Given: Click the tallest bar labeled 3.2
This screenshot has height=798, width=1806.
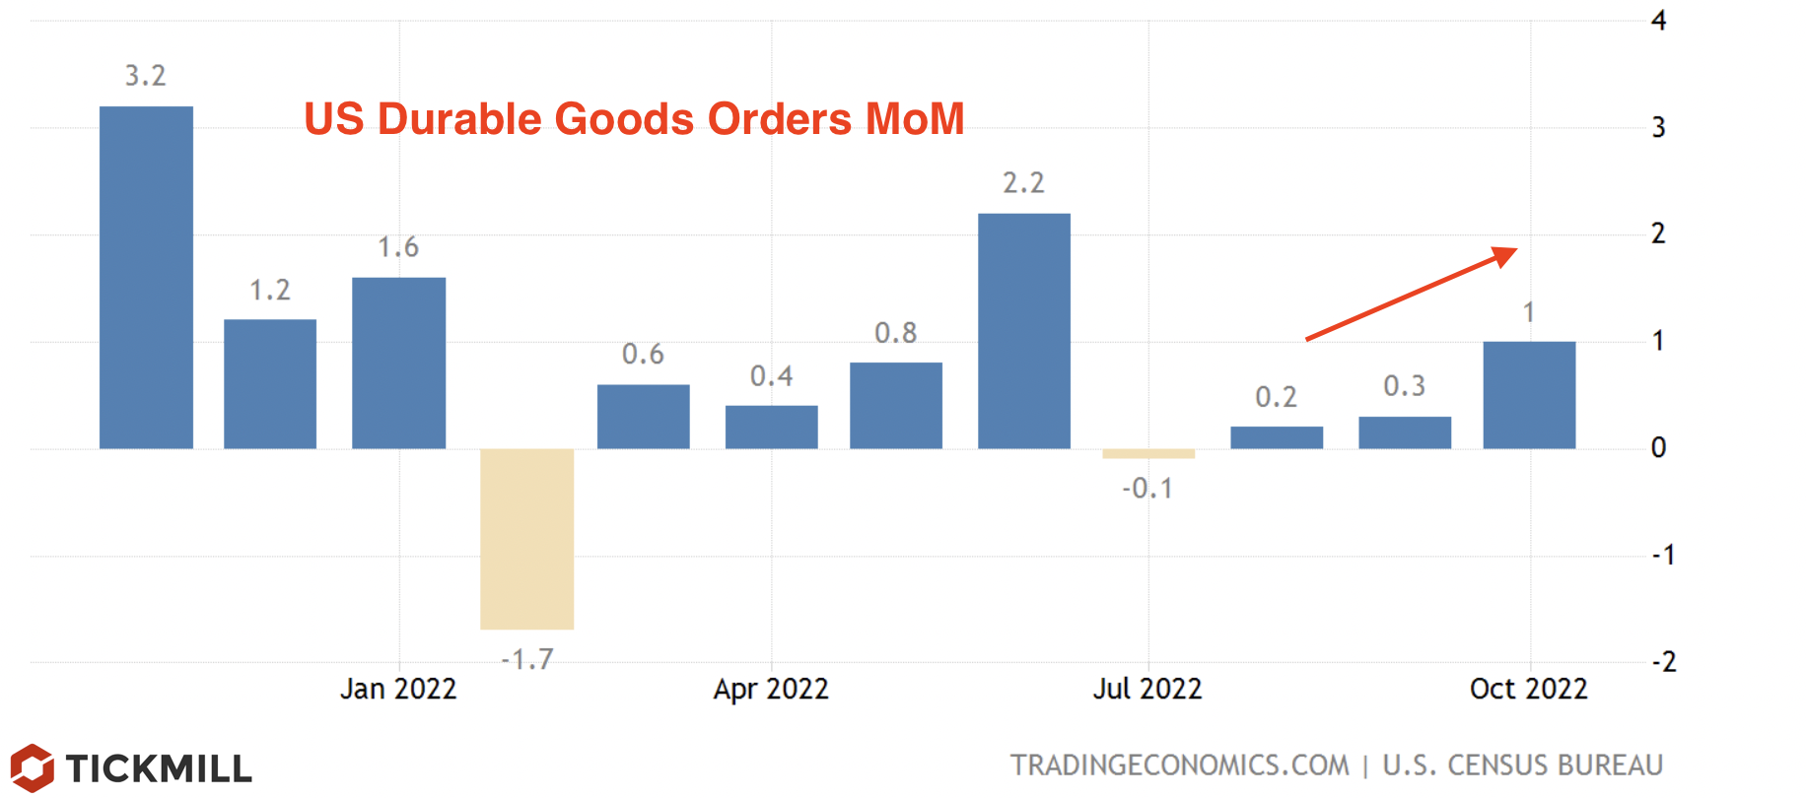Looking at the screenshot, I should coord(146,277).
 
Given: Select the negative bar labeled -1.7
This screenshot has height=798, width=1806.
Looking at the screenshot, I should coord(526,539).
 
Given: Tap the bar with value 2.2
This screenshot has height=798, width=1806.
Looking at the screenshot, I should coord(1023,331).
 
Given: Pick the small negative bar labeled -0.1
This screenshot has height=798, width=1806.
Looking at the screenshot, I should coord(1148,454).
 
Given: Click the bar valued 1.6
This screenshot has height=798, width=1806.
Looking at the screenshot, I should coord(398,363).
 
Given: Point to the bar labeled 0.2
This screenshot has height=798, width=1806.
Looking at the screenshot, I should coord(1277,437).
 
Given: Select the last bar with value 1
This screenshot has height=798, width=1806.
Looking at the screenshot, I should coord(1528,395).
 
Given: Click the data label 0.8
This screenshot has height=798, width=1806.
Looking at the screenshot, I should coord(895,333).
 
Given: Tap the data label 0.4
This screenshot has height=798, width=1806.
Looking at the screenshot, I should coord(771,376).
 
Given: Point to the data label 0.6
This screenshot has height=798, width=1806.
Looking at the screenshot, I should coord(643,355).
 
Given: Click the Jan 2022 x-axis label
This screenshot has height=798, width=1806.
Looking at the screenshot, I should coord(398,689).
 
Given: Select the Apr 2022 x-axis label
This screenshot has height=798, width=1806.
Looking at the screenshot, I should coord(771,689).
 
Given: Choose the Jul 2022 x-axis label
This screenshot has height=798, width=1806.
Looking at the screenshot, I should coord(1147,689).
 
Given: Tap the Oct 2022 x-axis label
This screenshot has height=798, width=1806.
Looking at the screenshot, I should coord(1528,689).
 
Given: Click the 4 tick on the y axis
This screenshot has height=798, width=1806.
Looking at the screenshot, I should coord(1659,21).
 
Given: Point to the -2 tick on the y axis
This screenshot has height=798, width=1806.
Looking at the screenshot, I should coord(1663,661).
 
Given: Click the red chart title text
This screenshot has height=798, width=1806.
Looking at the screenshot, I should coord(634,119).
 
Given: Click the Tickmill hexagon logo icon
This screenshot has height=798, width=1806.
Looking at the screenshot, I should coord(32,767).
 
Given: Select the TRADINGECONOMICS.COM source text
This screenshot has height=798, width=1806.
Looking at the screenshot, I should coord(1179,765).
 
